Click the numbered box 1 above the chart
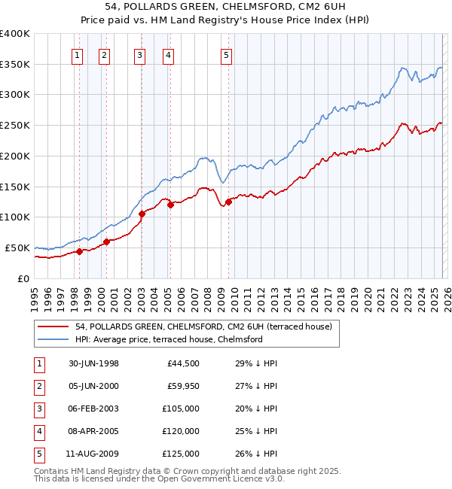78,54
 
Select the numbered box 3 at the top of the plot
140,54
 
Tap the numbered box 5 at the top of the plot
227,54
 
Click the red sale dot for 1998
79,251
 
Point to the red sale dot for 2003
142,214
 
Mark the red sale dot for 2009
228,202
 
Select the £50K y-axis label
17,248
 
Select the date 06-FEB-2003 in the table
93,409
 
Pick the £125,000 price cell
181,454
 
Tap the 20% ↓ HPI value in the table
257,409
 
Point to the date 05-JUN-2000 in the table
93,386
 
